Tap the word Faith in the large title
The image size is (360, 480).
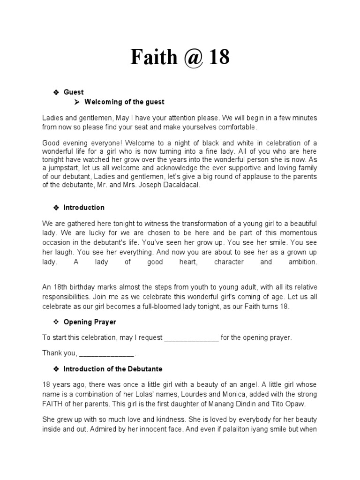(152, 57)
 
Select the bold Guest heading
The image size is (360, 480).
(74, 92)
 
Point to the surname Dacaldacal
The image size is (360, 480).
(181, 185)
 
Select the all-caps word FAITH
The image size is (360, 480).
(52, 404)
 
